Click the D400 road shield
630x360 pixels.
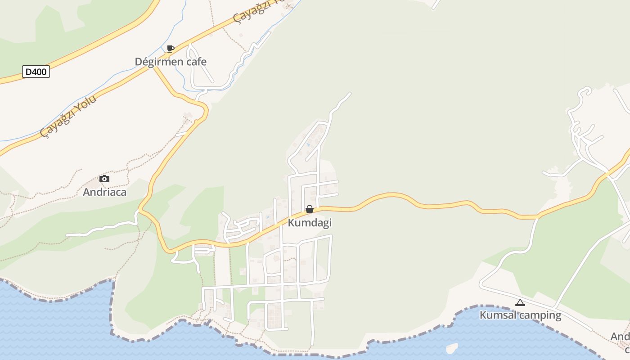click(x=36, y=72)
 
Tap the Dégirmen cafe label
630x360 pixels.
click(x=171, y=62)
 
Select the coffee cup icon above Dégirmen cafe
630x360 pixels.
click(x=170, y=49)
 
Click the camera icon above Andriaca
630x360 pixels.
click(x=104, y=179)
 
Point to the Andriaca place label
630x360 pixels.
click(x=104, y=192)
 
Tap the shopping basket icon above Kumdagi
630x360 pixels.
click(x=310, y=209)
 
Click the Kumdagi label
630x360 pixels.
click(x=310, y=223)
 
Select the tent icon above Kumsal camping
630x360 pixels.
click(x=520, y=302)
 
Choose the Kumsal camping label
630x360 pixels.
click(x=520, y=315)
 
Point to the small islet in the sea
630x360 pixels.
click(x=451, y=348)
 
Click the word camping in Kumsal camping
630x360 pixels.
click(x=540, y=315)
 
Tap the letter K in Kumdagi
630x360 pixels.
click(x=291, y=223)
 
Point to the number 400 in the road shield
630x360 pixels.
click(x=39, y=72)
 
